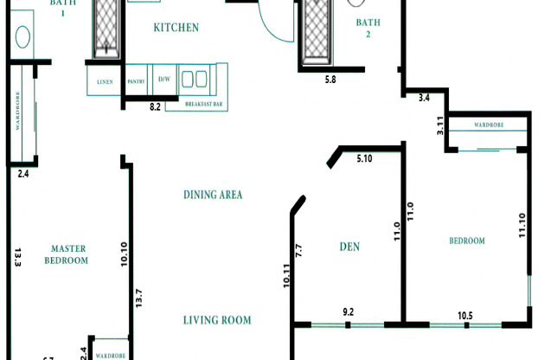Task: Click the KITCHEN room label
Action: [176, 28]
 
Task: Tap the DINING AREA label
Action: [212, 195]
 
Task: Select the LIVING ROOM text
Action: [217, 320]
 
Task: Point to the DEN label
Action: [349, 247]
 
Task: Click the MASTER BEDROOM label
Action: [67, 254]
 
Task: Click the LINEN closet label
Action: [105, 82]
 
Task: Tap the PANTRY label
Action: [136, 81]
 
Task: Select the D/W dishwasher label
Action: [163, 80]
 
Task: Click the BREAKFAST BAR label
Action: [204, 104]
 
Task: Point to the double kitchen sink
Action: [194, 80]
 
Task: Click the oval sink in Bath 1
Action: [23, 38]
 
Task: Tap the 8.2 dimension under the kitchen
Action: [156, 106]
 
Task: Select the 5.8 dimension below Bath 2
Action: [330, 80]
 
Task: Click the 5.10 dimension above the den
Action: [364, 158]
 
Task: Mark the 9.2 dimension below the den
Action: [349, 312]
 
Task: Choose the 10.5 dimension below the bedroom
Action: [464, 315]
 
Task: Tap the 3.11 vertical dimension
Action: [439, 126]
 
